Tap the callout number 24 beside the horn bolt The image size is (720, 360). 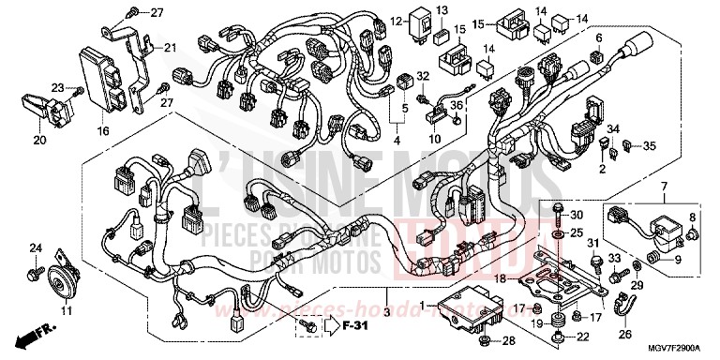36,247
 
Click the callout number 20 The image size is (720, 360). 39,140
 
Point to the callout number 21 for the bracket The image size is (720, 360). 170,49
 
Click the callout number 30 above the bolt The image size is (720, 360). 577,215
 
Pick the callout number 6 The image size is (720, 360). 596,37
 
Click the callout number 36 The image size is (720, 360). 457,106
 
